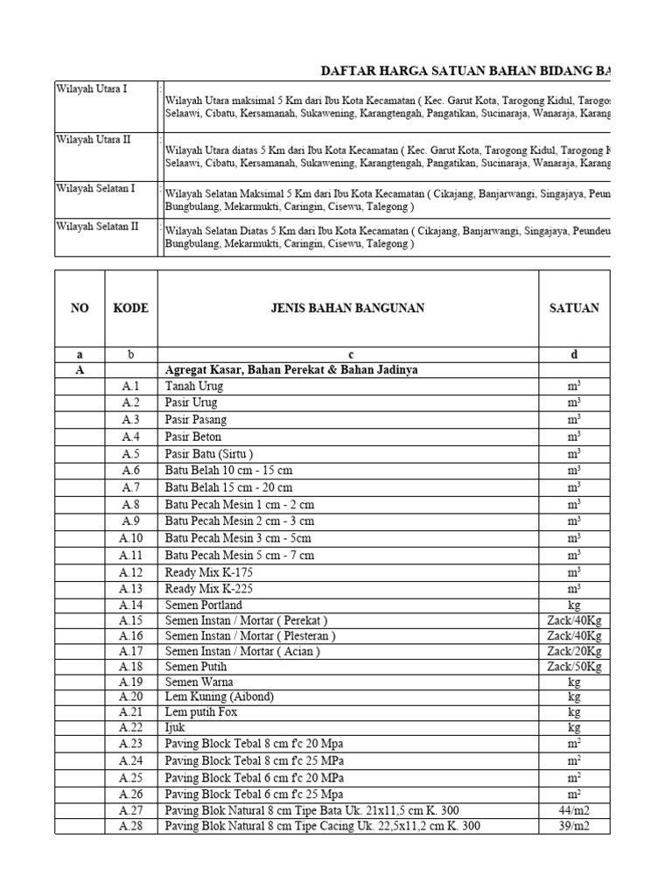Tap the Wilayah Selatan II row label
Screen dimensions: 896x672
[x=97, y=227]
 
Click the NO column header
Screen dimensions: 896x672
[x=80, y=308]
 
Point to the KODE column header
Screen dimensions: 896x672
[x=130, y=308]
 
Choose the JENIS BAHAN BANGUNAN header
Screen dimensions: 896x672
[x=347, y=308]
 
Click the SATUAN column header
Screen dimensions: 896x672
[x=574, y=308]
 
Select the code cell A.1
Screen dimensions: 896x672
[x=130, y=386]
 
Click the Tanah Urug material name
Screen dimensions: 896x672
[x=193, y=386]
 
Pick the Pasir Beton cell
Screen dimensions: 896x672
[x=193, y=437]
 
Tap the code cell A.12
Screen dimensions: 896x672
[x=130, y=571]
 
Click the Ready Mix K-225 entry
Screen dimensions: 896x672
[x=204, y=588]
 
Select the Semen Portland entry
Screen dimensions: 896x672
[x=204, y=605]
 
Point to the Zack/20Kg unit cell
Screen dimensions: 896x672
[x=574, y=651]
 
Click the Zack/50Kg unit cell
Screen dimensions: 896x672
[x=574, y=667]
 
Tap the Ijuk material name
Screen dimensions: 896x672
[x=175, y=727]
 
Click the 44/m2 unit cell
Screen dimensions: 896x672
[x=574, y=811]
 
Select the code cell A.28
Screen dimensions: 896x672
[x=130, y=826]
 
